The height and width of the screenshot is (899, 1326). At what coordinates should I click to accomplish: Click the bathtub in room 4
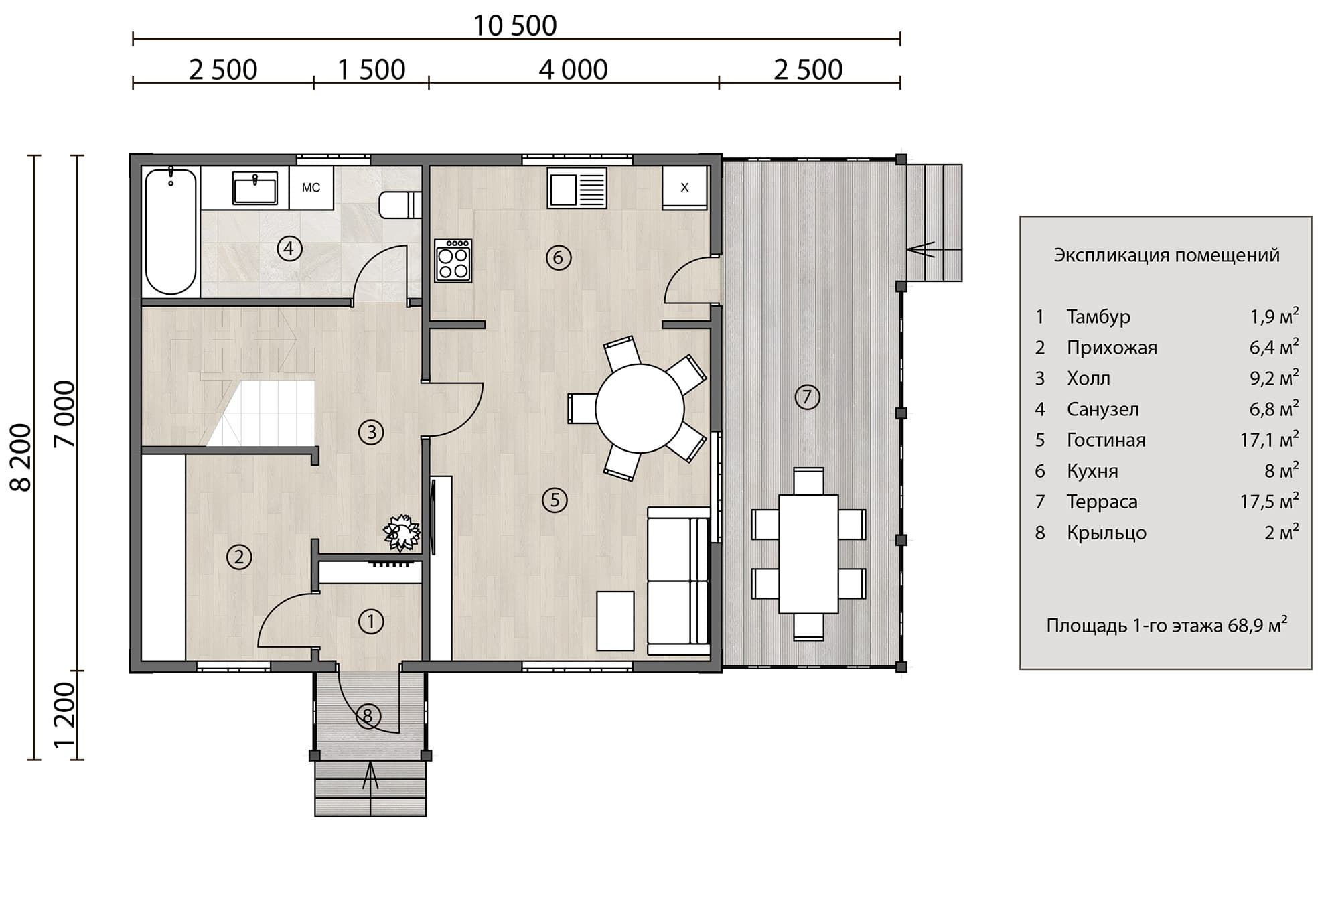(x=171, y=231)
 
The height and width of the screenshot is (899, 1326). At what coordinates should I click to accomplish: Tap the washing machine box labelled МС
(x=311, y=188)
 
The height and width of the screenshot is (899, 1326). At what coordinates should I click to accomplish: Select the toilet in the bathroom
(x=400, y=205)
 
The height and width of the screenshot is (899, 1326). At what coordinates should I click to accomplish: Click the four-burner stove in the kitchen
(x=453, y=260)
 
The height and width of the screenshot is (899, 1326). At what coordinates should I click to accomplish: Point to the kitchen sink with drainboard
(x=577, y=188)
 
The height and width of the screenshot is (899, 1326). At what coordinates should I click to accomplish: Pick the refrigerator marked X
(x=684, y=188)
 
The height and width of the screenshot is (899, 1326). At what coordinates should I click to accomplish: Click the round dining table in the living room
(x=640, y=408)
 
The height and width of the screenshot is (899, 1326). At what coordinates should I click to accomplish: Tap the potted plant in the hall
(x=401, y=533)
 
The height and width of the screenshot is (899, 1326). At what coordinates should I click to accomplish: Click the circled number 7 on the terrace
(x=807, y=397)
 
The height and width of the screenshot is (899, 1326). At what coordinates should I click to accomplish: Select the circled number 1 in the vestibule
(x=370, y=622)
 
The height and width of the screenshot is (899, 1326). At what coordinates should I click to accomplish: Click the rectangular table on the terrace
(x=808, y=554)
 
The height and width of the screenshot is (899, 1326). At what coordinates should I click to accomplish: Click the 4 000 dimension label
(x=573, y=70)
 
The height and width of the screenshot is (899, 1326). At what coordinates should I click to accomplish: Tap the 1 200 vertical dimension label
(x=65, y=715)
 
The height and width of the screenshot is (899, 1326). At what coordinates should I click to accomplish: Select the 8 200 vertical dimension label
(x=21, y=458)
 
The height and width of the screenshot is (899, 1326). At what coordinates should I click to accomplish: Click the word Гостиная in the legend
(x=1106, y=440)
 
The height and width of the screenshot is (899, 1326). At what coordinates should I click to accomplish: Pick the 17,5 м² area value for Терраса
(x=1269, y=501)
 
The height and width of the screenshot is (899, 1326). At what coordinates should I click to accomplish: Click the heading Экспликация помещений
(x=1167, y=255)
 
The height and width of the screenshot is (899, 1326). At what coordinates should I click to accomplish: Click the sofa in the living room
(x=678, y=581)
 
